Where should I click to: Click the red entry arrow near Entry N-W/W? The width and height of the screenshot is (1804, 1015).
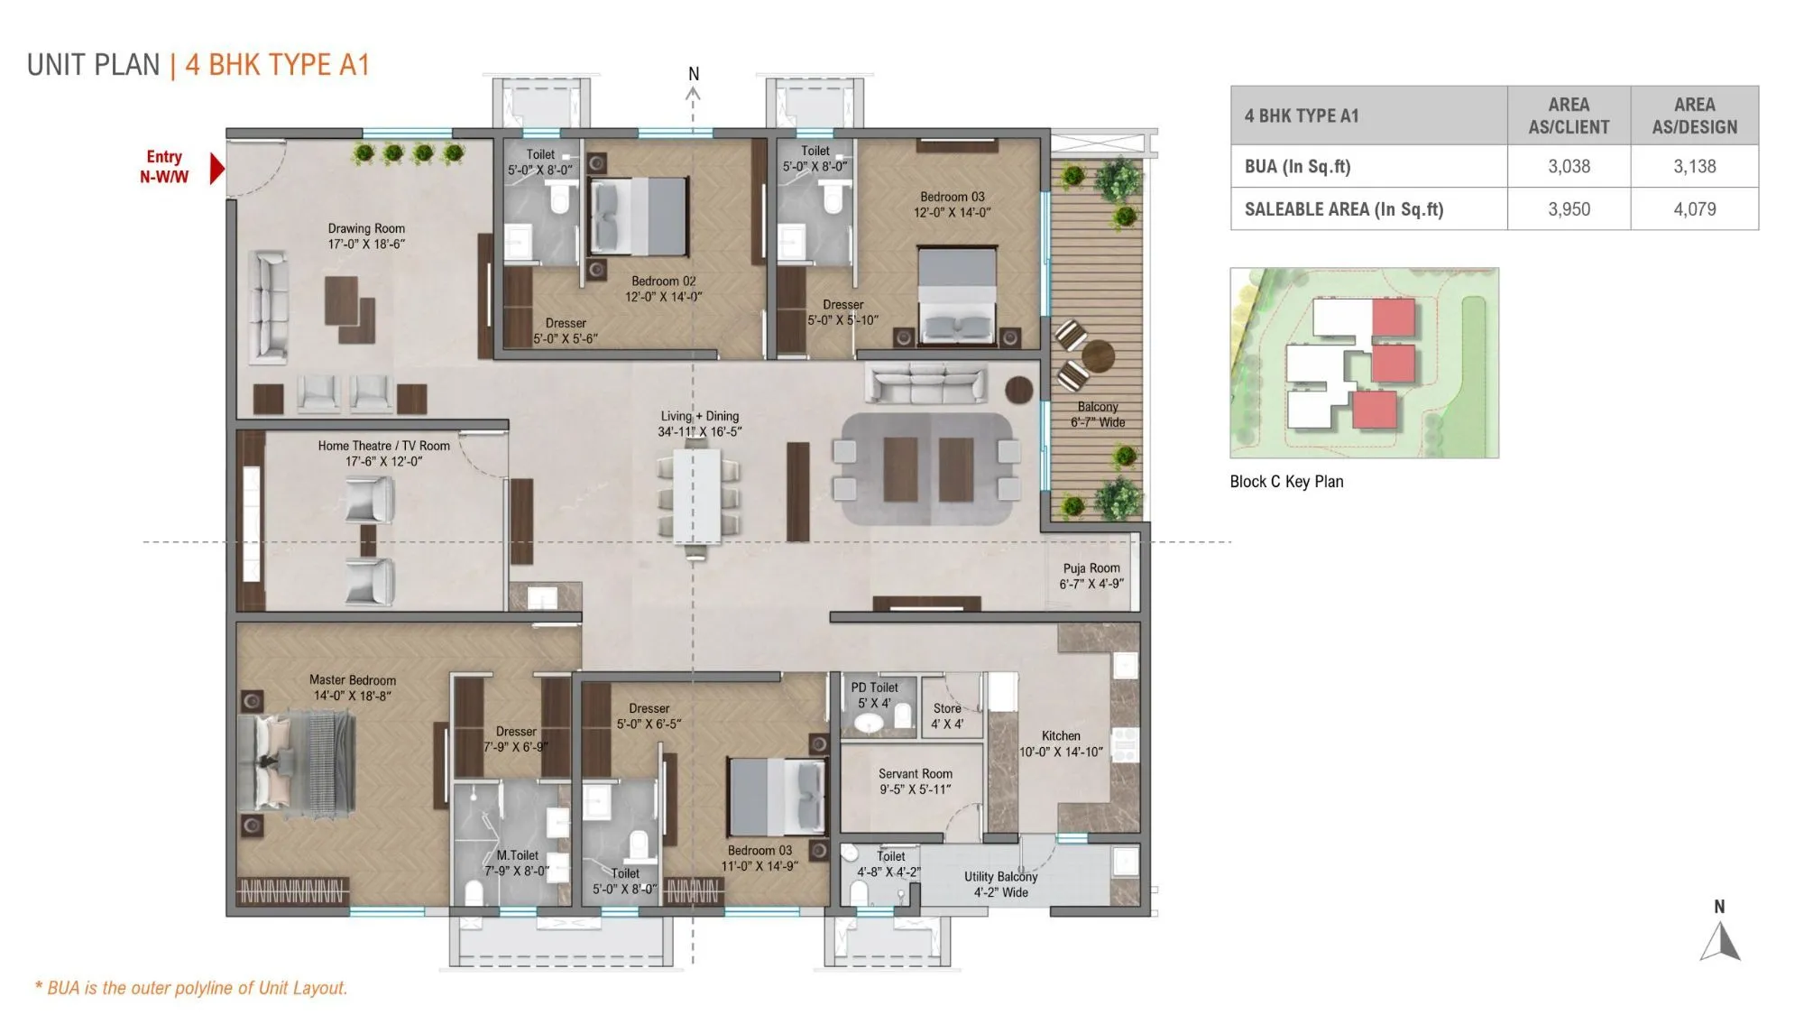216,169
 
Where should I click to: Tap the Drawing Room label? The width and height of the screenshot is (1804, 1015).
366,229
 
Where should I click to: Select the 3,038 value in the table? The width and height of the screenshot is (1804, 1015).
1569,166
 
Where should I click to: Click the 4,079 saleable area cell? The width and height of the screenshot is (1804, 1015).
1694,209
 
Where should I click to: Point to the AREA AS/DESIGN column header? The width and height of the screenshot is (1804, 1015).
1694,115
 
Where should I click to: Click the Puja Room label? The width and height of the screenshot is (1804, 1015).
1091,568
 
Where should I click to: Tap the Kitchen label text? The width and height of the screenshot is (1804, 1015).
1061,736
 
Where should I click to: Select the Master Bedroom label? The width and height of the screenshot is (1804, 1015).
353,680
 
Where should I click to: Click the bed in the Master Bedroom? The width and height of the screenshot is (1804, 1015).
298,762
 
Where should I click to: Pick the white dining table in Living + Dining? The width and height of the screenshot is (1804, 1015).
696,496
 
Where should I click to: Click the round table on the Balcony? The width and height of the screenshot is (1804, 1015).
1098,355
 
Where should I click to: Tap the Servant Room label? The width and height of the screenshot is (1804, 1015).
915,774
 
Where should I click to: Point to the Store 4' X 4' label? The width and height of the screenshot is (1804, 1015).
947,715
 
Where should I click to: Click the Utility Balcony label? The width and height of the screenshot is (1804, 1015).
1000,877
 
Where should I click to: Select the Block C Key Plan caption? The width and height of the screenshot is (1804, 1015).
1286,482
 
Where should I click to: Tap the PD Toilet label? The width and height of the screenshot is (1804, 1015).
874,687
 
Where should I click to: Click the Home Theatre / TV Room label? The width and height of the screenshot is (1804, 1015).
383,446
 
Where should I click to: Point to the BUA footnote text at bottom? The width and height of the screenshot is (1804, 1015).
191,988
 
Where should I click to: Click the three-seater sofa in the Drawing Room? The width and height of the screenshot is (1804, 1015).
268,307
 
